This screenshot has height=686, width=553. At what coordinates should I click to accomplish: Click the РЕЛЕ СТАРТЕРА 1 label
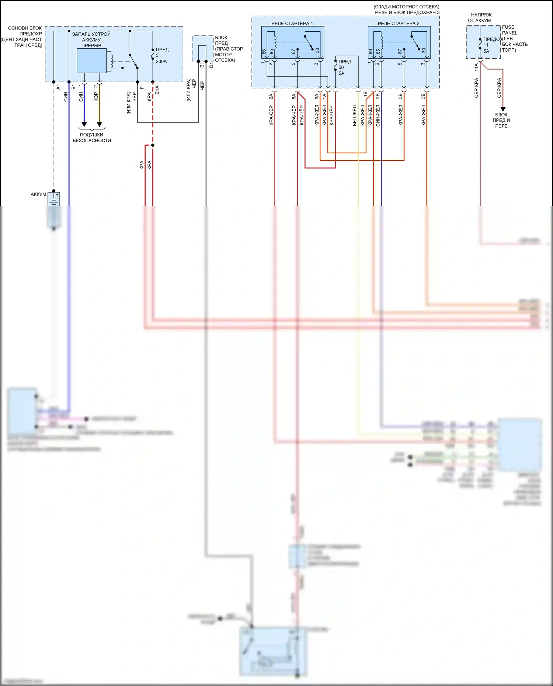click(292, 23)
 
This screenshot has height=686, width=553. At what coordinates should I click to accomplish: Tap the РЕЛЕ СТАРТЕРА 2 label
click(398, 23)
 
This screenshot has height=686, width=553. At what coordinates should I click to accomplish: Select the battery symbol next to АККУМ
click(54, 199)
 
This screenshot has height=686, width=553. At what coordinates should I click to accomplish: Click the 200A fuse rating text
click(161, 62)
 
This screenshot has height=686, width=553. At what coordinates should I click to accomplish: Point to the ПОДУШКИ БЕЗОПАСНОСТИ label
click(91, 137)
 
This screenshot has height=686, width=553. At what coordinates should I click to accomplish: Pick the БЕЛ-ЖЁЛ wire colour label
click(355, 115)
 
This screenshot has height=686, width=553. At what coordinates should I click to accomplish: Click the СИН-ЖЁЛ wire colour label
click(378, 115)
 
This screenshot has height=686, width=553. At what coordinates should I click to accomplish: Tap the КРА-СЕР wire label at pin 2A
click(271, 115)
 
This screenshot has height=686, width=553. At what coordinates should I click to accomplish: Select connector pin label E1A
click(157, 90)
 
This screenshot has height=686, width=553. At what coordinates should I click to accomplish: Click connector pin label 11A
click(476, 67)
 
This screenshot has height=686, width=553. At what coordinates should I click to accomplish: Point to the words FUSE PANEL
click(509, 30)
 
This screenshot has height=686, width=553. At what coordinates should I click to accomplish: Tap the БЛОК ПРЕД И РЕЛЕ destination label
click(501, 120)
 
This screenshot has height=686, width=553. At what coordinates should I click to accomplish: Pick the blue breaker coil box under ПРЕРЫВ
click(92, 61)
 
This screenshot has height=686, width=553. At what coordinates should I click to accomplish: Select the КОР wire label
click(96, 97)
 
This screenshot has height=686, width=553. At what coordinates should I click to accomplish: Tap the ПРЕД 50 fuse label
click(344, 65)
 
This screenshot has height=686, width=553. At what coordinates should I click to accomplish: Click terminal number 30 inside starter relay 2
click(424, 51)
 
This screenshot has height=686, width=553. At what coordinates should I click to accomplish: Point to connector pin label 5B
click(400, 96)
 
